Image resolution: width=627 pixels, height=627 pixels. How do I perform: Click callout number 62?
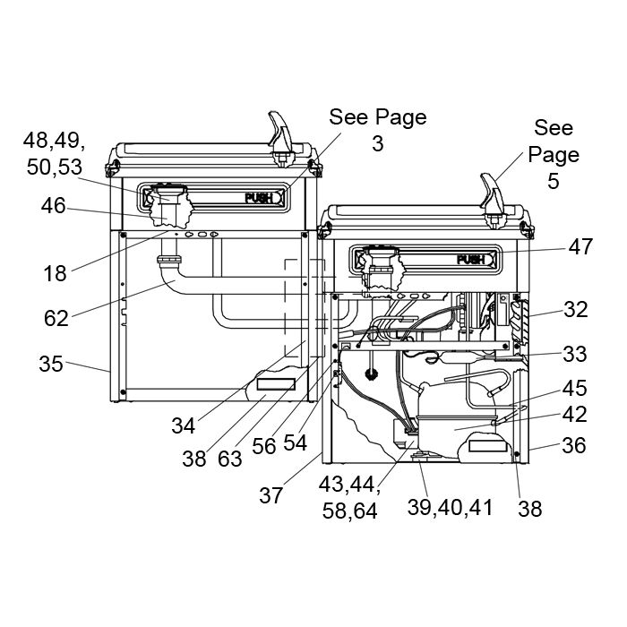click(56, 319)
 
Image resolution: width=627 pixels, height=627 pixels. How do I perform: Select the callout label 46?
click(53, 206)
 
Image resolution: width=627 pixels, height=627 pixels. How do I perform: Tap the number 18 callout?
click(55, 274)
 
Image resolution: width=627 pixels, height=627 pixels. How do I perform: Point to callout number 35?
click(51, 364)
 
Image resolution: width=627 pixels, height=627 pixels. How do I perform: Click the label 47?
click(580, 246)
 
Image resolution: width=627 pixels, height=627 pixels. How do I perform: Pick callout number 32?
click(576, 310)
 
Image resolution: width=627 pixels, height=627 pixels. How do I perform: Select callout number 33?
click(575, 354)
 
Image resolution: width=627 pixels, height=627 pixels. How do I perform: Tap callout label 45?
click(575, 388)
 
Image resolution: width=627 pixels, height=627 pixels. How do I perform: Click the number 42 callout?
click(575, 415)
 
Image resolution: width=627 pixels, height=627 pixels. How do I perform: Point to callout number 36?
click(574, 445)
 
